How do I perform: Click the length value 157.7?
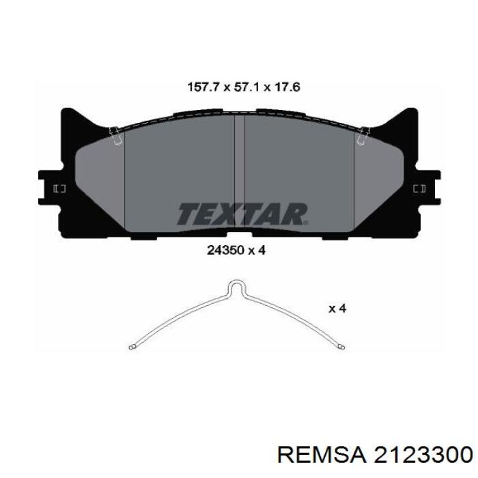(x=203, y=87)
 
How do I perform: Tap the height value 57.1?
(x=247, y=87)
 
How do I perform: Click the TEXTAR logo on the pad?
(x=242, y=214)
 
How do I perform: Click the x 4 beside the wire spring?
(x=337, y=309)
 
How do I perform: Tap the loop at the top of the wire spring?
(x=238, y=287)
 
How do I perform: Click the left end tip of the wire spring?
(x=131, y=348)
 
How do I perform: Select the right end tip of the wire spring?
(x=342, y=347)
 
